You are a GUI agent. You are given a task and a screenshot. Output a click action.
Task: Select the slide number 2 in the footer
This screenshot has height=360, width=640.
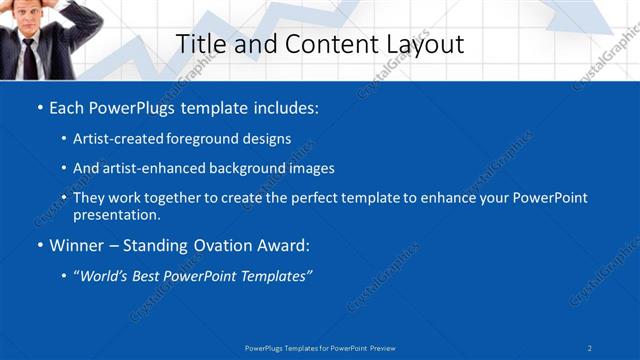pos(590,347)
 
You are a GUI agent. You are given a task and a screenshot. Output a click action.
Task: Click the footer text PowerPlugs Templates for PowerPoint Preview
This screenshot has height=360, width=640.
pos(320,347)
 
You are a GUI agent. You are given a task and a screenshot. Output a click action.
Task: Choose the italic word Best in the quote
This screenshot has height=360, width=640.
pos(150,275)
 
